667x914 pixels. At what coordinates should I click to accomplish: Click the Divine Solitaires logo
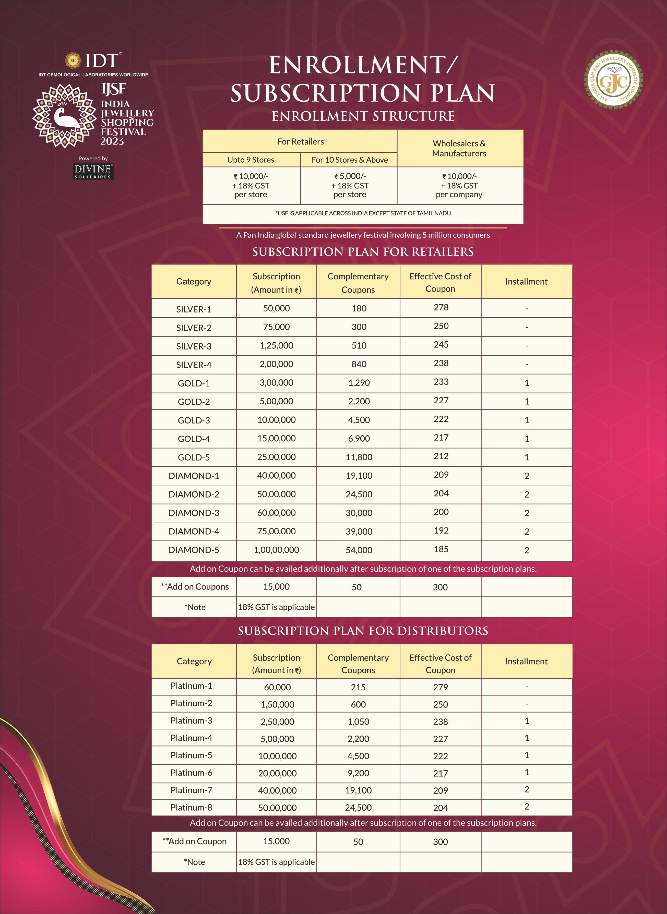click(93, 171)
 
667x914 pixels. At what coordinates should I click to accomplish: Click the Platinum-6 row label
click(191, 773)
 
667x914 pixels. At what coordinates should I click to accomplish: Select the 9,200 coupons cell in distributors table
click(358, 773)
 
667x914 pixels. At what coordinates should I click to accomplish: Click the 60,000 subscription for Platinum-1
click(277, 687)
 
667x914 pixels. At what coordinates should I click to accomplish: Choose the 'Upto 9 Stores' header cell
click(251, 160)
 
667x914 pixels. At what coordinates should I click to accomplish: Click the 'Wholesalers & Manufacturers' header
click(459, 148)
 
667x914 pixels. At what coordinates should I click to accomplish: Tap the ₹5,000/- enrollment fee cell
click(349, 185)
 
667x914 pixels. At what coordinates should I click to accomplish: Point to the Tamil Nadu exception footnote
click(363, 213)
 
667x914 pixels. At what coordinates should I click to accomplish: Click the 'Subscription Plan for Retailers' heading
click(363, 252)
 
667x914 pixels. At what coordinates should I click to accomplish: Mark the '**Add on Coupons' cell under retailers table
click(195, 587)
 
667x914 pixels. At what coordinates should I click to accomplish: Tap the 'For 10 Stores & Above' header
click(349, 160)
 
